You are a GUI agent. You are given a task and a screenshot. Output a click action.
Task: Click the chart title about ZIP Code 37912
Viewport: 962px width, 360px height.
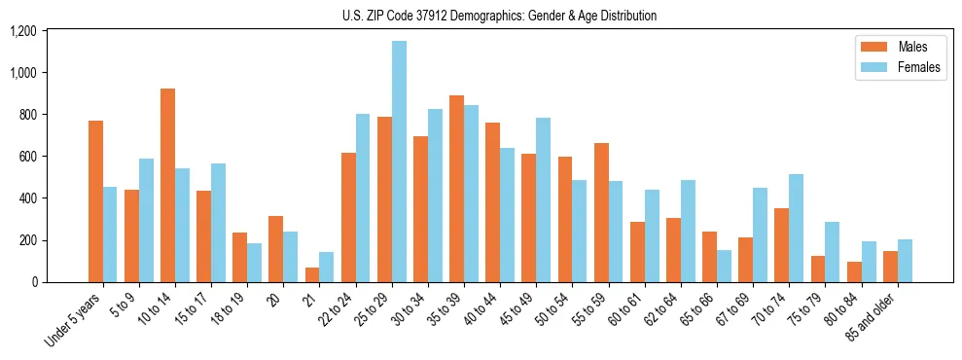499,16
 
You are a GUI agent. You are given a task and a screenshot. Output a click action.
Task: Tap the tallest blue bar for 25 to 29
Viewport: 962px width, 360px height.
399,162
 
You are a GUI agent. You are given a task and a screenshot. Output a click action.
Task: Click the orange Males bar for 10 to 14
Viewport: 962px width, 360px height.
168,185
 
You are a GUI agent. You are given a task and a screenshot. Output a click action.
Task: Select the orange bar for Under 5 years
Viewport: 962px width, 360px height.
95,201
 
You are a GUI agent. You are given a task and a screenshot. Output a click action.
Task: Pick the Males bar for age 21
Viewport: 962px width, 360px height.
312,274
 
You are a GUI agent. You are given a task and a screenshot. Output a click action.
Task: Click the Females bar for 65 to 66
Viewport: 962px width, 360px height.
724,266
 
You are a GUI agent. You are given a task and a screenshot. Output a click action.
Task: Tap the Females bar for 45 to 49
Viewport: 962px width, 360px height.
543,199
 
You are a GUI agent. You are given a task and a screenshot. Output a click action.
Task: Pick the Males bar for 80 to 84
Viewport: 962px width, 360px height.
854,271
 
